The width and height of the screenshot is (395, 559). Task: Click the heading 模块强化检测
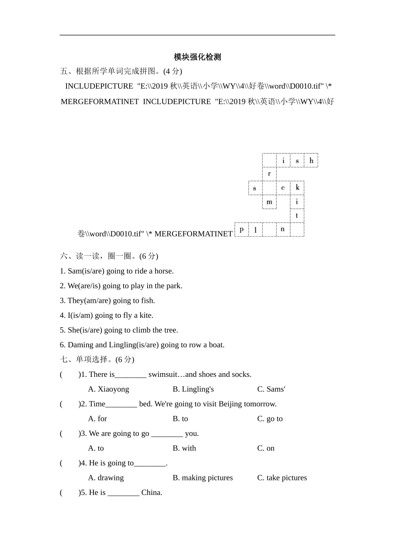click(x=197, y=57)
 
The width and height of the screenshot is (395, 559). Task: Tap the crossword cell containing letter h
click(x=311, y=161)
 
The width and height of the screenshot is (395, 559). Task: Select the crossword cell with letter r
click(x=269, y=174)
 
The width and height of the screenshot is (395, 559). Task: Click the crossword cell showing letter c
click(x=283, y=188)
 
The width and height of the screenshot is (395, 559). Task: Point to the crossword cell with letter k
click(x=297, y=188)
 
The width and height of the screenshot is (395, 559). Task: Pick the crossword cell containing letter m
click(x=269, y=202)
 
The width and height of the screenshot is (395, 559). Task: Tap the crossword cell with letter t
click(x=297, y=216)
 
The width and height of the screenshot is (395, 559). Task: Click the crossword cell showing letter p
click(x=241, y=230)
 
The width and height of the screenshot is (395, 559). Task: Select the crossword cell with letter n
click(x=283, y=230)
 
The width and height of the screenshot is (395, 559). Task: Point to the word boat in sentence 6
click(x=215, y=345)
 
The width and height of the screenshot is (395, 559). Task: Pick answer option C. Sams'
click(x=271, y=389)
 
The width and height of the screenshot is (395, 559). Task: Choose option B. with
click(x=184, y=448)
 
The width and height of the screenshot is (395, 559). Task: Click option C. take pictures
click(x=282, y=478)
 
